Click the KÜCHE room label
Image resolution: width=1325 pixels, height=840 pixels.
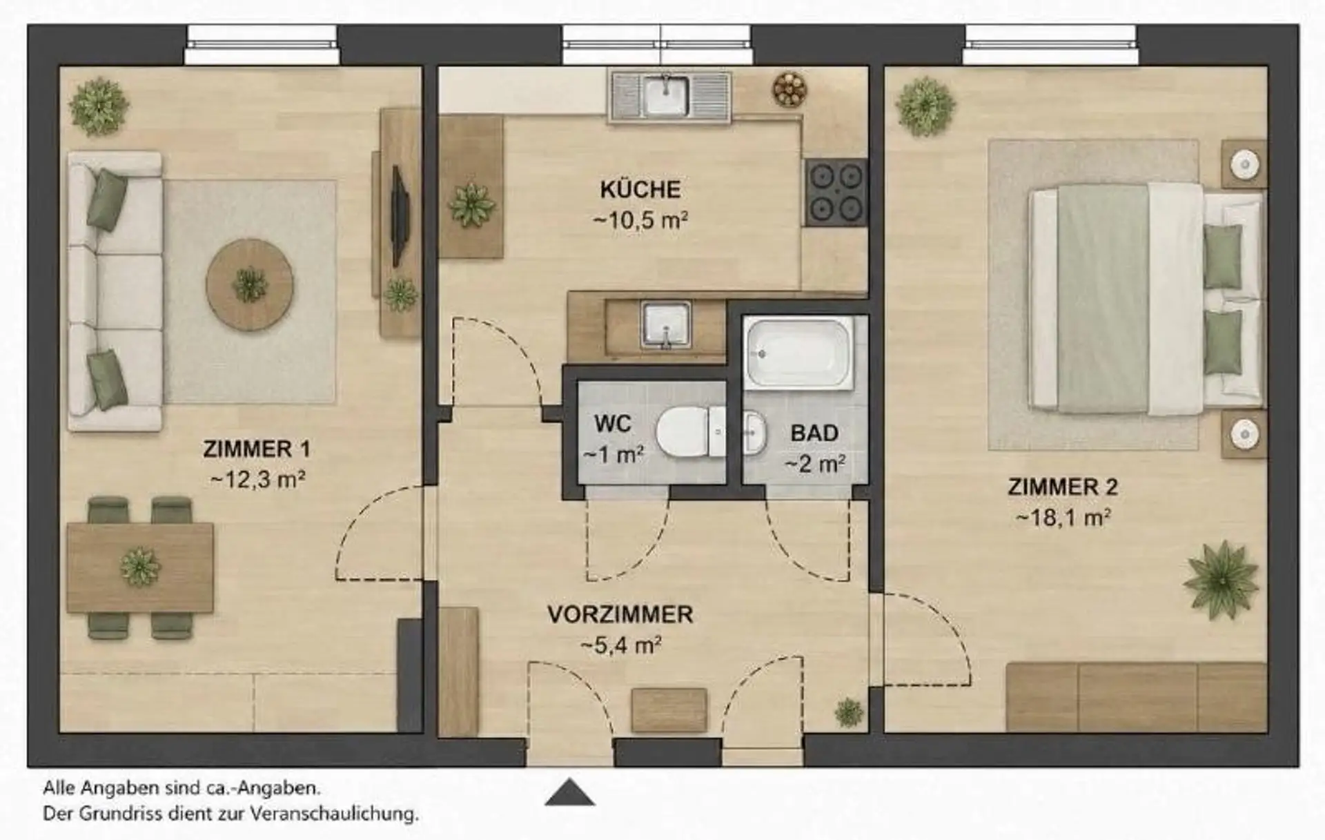click(640, 189)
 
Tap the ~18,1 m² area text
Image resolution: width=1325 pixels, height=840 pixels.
click(1063, 518)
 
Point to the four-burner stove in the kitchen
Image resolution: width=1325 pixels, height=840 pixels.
click(836, 193)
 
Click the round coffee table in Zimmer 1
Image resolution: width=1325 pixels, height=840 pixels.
click(250, 284)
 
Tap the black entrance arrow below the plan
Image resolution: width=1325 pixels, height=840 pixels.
click(569, 792)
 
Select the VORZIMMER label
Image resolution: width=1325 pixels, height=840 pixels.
click(620, 614)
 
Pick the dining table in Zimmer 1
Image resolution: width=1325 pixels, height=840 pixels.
click(140, 567)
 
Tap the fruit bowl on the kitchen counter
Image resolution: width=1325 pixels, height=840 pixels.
click(789, 89)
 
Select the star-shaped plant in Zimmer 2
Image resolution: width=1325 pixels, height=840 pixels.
click(1221, 579)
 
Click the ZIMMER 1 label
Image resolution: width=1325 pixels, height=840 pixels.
click(257, 449)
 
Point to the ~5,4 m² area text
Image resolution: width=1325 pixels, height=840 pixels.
click(621, 646)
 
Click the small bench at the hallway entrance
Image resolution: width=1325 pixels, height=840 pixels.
click(669, 710)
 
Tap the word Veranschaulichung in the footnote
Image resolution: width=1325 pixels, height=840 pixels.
click(334, 814)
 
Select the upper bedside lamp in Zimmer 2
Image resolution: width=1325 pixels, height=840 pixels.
click(1245, 164)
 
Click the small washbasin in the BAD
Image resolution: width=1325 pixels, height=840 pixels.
click(755, 433)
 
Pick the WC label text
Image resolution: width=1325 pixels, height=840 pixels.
click(613, 423)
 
